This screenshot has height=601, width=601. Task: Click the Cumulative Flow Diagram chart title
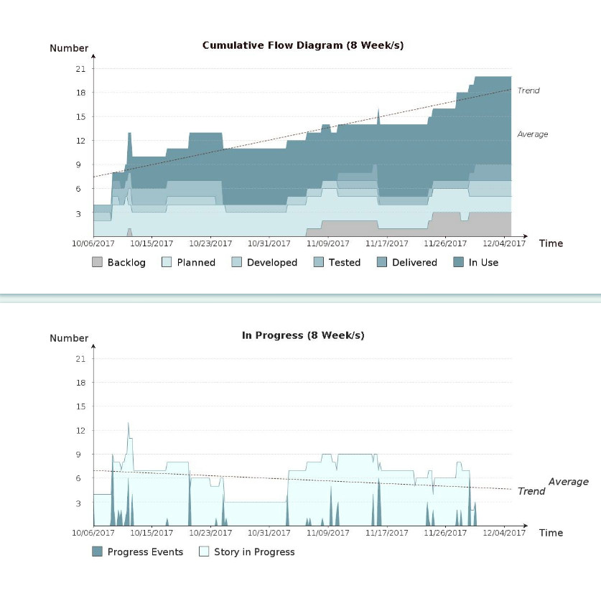pos(302,45)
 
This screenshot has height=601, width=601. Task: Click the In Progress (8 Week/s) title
pos(303,335)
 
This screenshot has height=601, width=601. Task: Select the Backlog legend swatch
pos(98,263)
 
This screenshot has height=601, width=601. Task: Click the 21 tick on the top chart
pos(80,69)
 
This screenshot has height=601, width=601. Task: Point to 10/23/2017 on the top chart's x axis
pos(210,243)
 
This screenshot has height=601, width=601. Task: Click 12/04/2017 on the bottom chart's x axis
pos(504,533)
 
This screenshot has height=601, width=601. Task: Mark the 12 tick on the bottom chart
pos(80,430)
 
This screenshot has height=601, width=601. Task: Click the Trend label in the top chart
pos(528,90)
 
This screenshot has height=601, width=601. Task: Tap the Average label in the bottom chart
pos(569,482)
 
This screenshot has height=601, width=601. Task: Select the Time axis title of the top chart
pos(551,243)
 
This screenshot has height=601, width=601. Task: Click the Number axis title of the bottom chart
pos(69,338)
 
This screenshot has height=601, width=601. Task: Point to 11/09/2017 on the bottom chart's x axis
pos(328,533)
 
